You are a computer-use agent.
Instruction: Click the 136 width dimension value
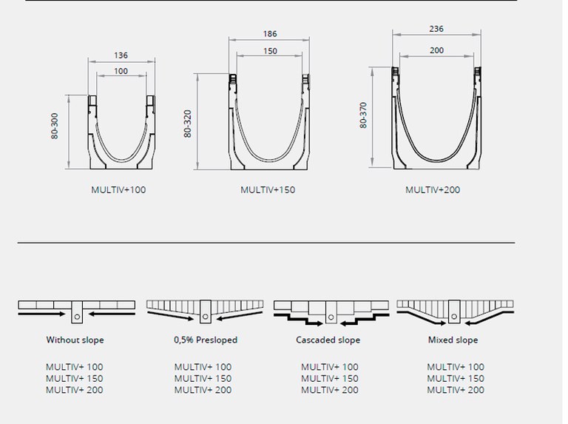(x=121, y=55)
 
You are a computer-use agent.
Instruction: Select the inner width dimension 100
(x=121, y=71)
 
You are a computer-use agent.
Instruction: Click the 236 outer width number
(x=436, y=29)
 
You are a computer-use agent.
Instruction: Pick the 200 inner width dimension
(x=436, y=50)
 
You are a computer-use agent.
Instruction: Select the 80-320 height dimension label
(x=188, y=120)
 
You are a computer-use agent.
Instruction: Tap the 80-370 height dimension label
(x=362, y=115)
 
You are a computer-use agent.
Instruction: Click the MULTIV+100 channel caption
(x=118, y=190)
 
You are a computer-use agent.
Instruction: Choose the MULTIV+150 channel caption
(x=268, y=190)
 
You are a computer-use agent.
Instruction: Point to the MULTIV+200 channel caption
(x=433, y=190)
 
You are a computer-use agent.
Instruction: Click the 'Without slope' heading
(x=75, y=340)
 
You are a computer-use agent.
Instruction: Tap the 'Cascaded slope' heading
(x=328, y=340)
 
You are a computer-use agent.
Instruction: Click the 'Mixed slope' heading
(x=453, y=340)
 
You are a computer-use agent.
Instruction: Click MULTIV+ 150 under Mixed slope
(x=456, y=378)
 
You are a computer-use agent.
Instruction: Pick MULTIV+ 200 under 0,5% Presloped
(x=203, y=390)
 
